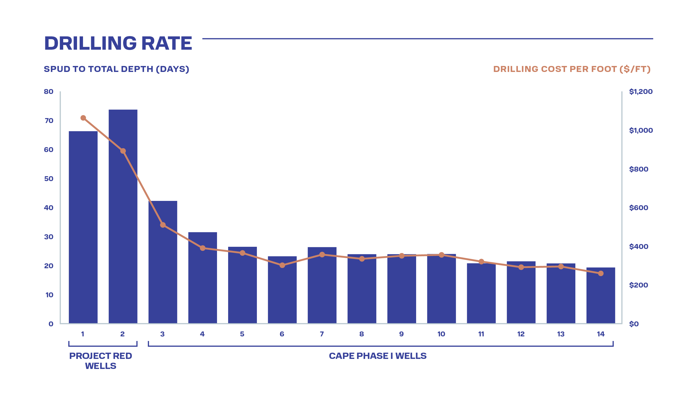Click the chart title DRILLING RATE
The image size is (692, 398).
click(x=118, y=43)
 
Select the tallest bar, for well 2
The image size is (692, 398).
click(x=123, y=216)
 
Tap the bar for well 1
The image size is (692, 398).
click(x=83, y=227)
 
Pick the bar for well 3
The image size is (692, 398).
click(x=163, y=262)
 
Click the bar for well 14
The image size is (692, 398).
click(x=601, y=295)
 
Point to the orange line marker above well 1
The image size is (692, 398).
click(x=83, y=118)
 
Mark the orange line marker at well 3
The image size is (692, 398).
click(x=163, y=225)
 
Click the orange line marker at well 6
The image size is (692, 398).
click(x=282, y=265)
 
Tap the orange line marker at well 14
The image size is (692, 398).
click(x=601, y=273)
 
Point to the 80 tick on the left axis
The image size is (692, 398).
click(x=49, y=91)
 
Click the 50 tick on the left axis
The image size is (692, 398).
click(x=49, y=179)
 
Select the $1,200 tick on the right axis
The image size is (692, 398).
click(x=641, y=91)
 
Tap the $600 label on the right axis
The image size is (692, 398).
click(x=639, y=208)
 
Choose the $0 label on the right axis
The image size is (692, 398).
click(x=634, y=324)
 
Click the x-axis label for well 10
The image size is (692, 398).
click(x=441, y=334)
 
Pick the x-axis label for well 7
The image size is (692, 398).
click(x=322, y=334)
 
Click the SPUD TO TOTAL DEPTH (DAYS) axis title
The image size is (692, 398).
click(x=117, y=69)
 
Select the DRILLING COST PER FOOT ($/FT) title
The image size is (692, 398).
click(x=572, y=69)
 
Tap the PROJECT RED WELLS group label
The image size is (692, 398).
click(x=100, y=361)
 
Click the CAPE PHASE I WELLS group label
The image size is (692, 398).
click(x=378, y=356)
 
